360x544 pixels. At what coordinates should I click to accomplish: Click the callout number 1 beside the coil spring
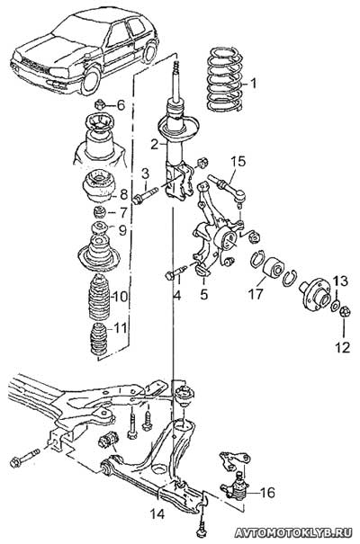[254, 84]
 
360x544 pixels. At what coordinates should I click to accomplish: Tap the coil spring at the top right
[224, 79]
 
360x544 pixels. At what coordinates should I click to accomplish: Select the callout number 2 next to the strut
[154, 144]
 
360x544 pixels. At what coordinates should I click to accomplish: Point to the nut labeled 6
[100, 104]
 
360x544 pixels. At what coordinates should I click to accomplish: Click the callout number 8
[123, 194]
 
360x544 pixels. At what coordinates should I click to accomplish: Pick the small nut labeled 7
[100, 211]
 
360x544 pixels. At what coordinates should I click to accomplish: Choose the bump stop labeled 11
[98, 339]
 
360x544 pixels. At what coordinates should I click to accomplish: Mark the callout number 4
[177, 295]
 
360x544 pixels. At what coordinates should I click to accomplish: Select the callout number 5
[203, 294]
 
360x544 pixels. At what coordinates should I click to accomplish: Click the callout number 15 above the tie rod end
[238, 161]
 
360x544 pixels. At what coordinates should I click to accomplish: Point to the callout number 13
[341, 281]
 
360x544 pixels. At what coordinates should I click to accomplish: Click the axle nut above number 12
[345, 311]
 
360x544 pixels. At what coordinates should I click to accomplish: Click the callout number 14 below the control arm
[157, 513]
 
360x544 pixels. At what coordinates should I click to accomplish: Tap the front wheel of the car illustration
[90, 81]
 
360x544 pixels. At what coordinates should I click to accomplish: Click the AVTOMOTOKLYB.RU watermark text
[293, 532]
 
